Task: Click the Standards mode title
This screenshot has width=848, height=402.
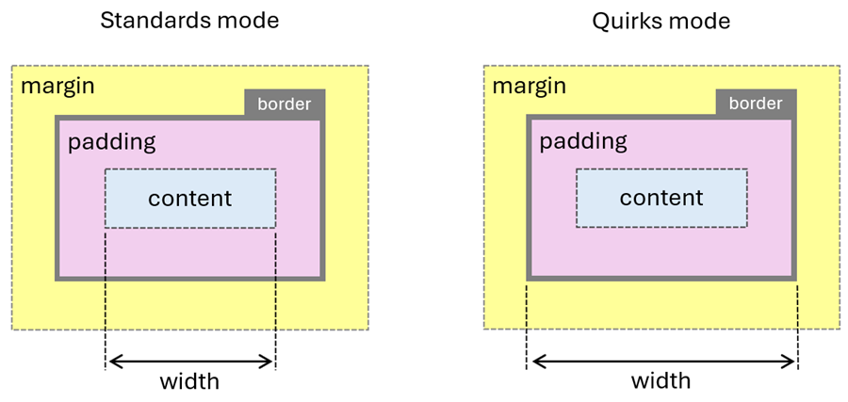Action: click(x=189, y=21)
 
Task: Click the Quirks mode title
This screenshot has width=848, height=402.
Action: click(x=660, y=21)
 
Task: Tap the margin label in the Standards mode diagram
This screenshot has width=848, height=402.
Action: click(x=57, y=87)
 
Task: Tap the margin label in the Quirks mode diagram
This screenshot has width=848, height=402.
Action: click(x=530, y=87)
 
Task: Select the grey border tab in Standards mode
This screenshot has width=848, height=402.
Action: click(x=285, y=104)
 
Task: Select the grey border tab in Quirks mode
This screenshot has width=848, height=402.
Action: click(x=756, y=104)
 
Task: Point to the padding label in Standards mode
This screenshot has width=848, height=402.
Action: click(x=111, y=142)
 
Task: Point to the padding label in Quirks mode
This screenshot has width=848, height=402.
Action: click(x=583, y=142)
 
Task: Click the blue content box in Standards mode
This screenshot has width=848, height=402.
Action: click(x=190, y=199)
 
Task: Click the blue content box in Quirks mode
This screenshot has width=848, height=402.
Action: click(x=661, y=199)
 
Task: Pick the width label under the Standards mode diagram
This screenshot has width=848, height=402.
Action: click(x=189, y=381)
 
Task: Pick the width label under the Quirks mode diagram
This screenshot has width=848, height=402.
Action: click(x=660, y=381)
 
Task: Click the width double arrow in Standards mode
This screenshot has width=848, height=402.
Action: click(x=190, y=361)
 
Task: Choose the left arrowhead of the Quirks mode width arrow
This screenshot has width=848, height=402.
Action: click(x=535, y=361)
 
